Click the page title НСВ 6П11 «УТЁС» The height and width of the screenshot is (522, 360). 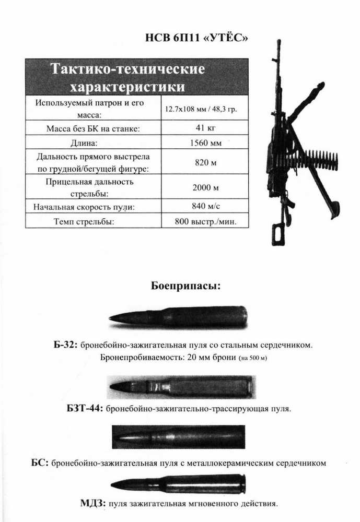tap(196, 38)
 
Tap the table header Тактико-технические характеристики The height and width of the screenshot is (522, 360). tap(127, 77)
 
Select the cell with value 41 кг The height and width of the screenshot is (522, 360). tap(205, 127)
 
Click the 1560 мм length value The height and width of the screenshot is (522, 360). tap(205, 143)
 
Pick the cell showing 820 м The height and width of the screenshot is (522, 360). tap(205, 162)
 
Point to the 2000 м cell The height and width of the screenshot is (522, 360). tap(205, 187)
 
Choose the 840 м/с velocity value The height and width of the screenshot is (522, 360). tap(205, 206)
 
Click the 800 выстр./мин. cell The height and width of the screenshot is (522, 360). tap(205, 221)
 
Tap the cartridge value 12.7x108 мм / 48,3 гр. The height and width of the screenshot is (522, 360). tap(201, 109)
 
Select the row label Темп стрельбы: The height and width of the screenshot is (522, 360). tap(84, 221)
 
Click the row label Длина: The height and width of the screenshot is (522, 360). tap(84, 143)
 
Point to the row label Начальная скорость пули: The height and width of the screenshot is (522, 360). tap(84, 207)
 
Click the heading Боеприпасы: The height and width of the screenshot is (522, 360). tap(185, 286)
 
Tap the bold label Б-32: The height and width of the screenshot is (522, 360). tap(65, 345)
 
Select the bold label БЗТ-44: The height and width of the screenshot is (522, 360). tap(85, 408)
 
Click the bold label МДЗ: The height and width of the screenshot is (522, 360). tap(93, 503)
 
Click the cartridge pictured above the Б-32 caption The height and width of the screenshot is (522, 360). tap(178, 317)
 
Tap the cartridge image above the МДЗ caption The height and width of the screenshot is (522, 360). tap(178, 484)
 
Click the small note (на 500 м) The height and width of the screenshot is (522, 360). tap(253, 358)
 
